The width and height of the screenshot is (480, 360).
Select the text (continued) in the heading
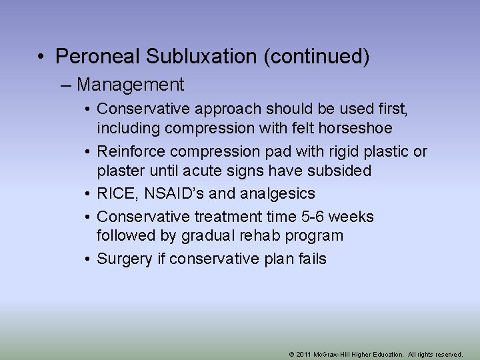(317, 57)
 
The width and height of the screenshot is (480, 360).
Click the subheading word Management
(130, 85)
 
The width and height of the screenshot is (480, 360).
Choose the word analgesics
(277, 193)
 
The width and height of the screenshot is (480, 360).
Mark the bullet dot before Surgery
(88, 259)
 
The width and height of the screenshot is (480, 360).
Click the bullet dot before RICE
(88, 193)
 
